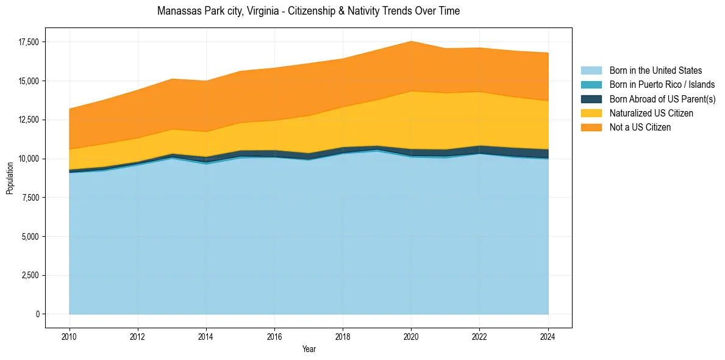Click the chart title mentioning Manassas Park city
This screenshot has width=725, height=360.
tap(308, 11)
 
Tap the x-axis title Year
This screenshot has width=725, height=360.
tap(309, 349)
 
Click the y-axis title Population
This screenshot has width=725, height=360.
tap(10, 178)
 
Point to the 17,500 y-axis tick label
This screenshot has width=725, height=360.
tap(28, 42)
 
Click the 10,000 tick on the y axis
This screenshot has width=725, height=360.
tap(28, 159)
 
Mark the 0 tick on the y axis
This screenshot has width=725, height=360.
tap(37, 314)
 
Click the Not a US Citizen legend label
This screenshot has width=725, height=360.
tap(640, 128)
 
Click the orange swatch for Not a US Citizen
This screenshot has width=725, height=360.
tap(591, 128)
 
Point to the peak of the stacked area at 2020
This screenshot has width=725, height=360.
tap(411, 41)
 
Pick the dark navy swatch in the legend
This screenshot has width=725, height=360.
tap(591, 99)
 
